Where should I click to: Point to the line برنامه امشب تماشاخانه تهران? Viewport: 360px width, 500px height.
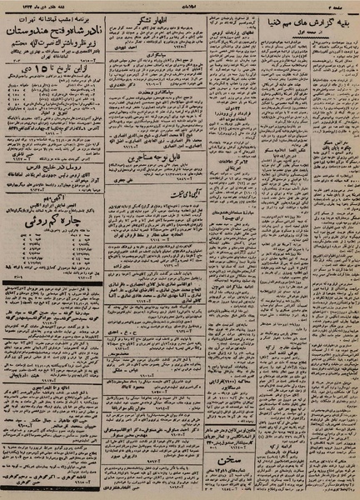(x=52, y=16)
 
